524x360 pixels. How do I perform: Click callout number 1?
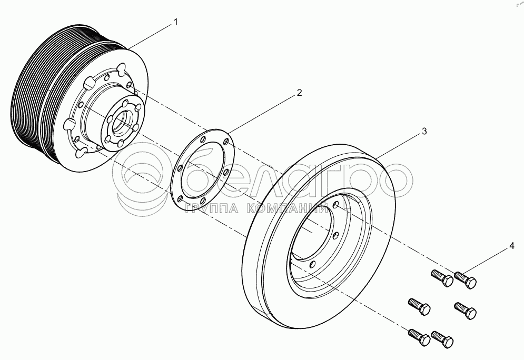tap(176, 23)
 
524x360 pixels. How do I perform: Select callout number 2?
tap(299, 93)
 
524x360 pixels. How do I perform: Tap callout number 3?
tap(424, 132)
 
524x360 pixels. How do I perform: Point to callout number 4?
tap(511, 246)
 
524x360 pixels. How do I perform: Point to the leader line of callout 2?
tap(263, 112)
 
